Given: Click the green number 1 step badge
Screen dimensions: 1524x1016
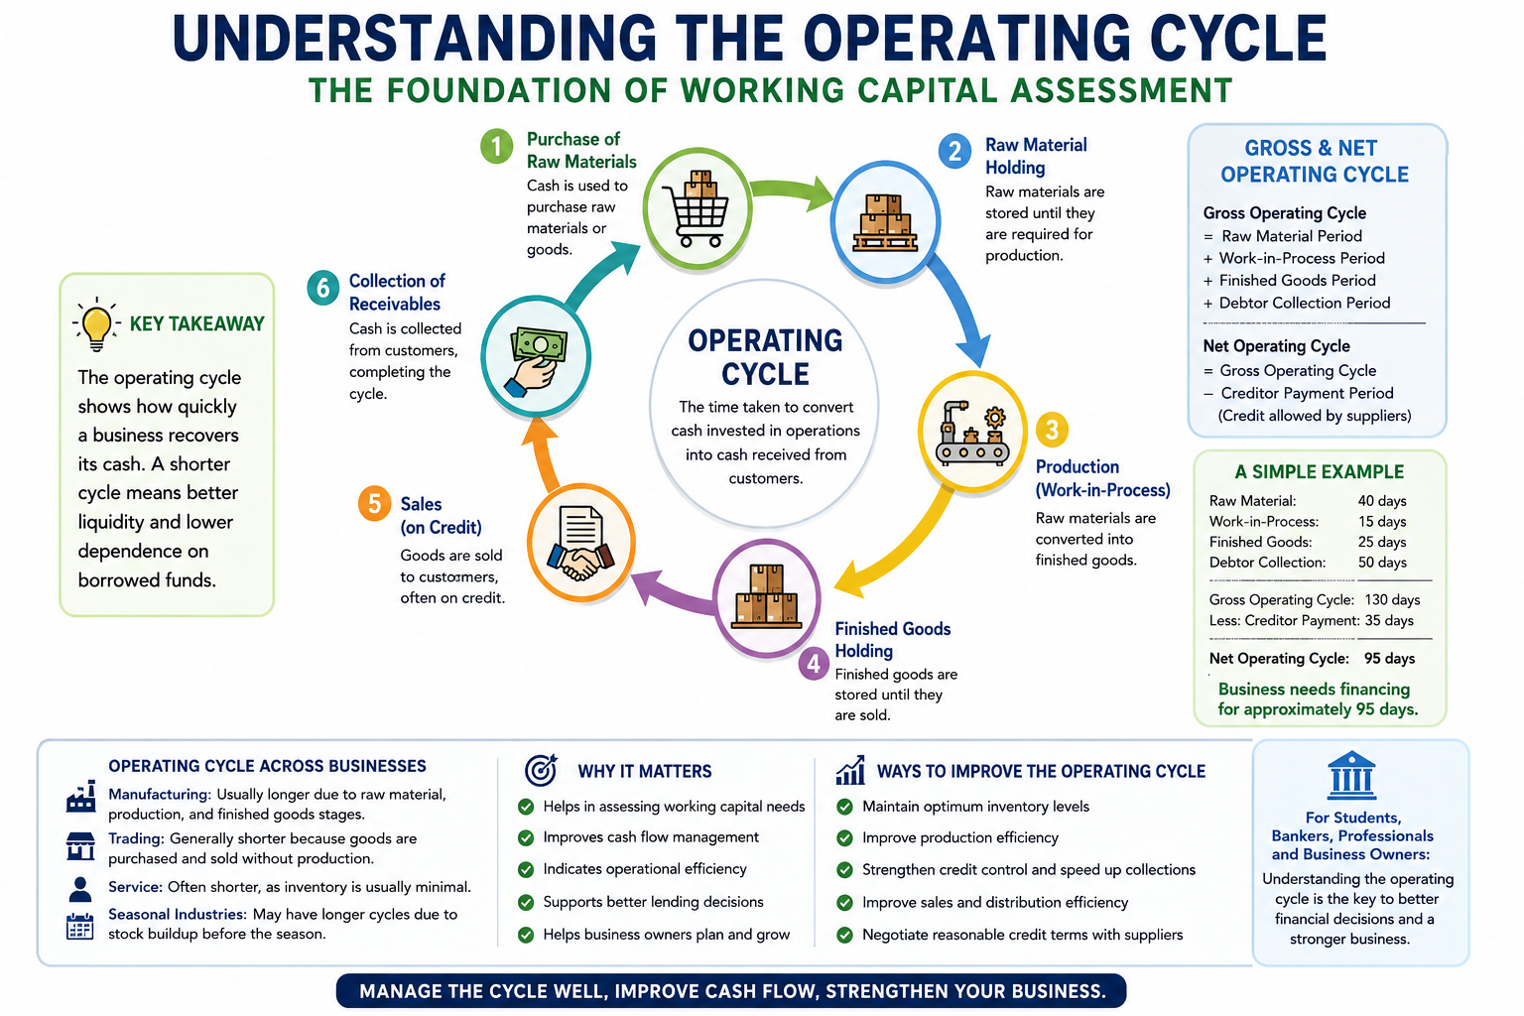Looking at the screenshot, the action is click(497, 146).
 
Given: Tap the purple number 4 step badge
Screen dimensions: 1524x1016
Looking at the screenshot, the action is click(814, 663).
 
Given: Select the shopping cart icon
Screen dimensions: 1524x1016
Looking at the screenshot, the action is click(696, 208).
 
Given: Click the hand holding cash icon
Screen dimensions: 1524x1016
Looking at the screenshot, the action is click(536, 361).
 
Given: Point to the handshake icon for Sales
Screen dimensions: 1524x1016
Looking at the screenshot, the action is click(580, 544).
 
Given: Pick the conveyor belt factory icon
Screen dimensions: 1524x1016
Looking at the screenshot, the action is click(972, 434).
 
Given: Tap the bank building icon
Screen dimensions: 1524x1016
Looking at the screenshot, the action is click(1351, 775).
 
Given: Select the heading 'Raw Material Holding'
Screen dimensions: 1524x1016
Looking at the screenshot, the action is click(1036, 156).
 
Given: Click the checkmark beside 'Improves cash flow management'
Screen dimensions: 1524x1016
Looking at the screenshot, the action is click(526, 837).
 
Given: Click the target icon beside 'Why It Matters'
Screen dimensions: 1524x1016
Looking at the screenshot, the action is click(541, 770).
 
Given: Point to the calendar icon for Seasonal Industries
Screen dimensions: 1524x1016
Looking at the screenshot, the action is click(79, 926).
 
